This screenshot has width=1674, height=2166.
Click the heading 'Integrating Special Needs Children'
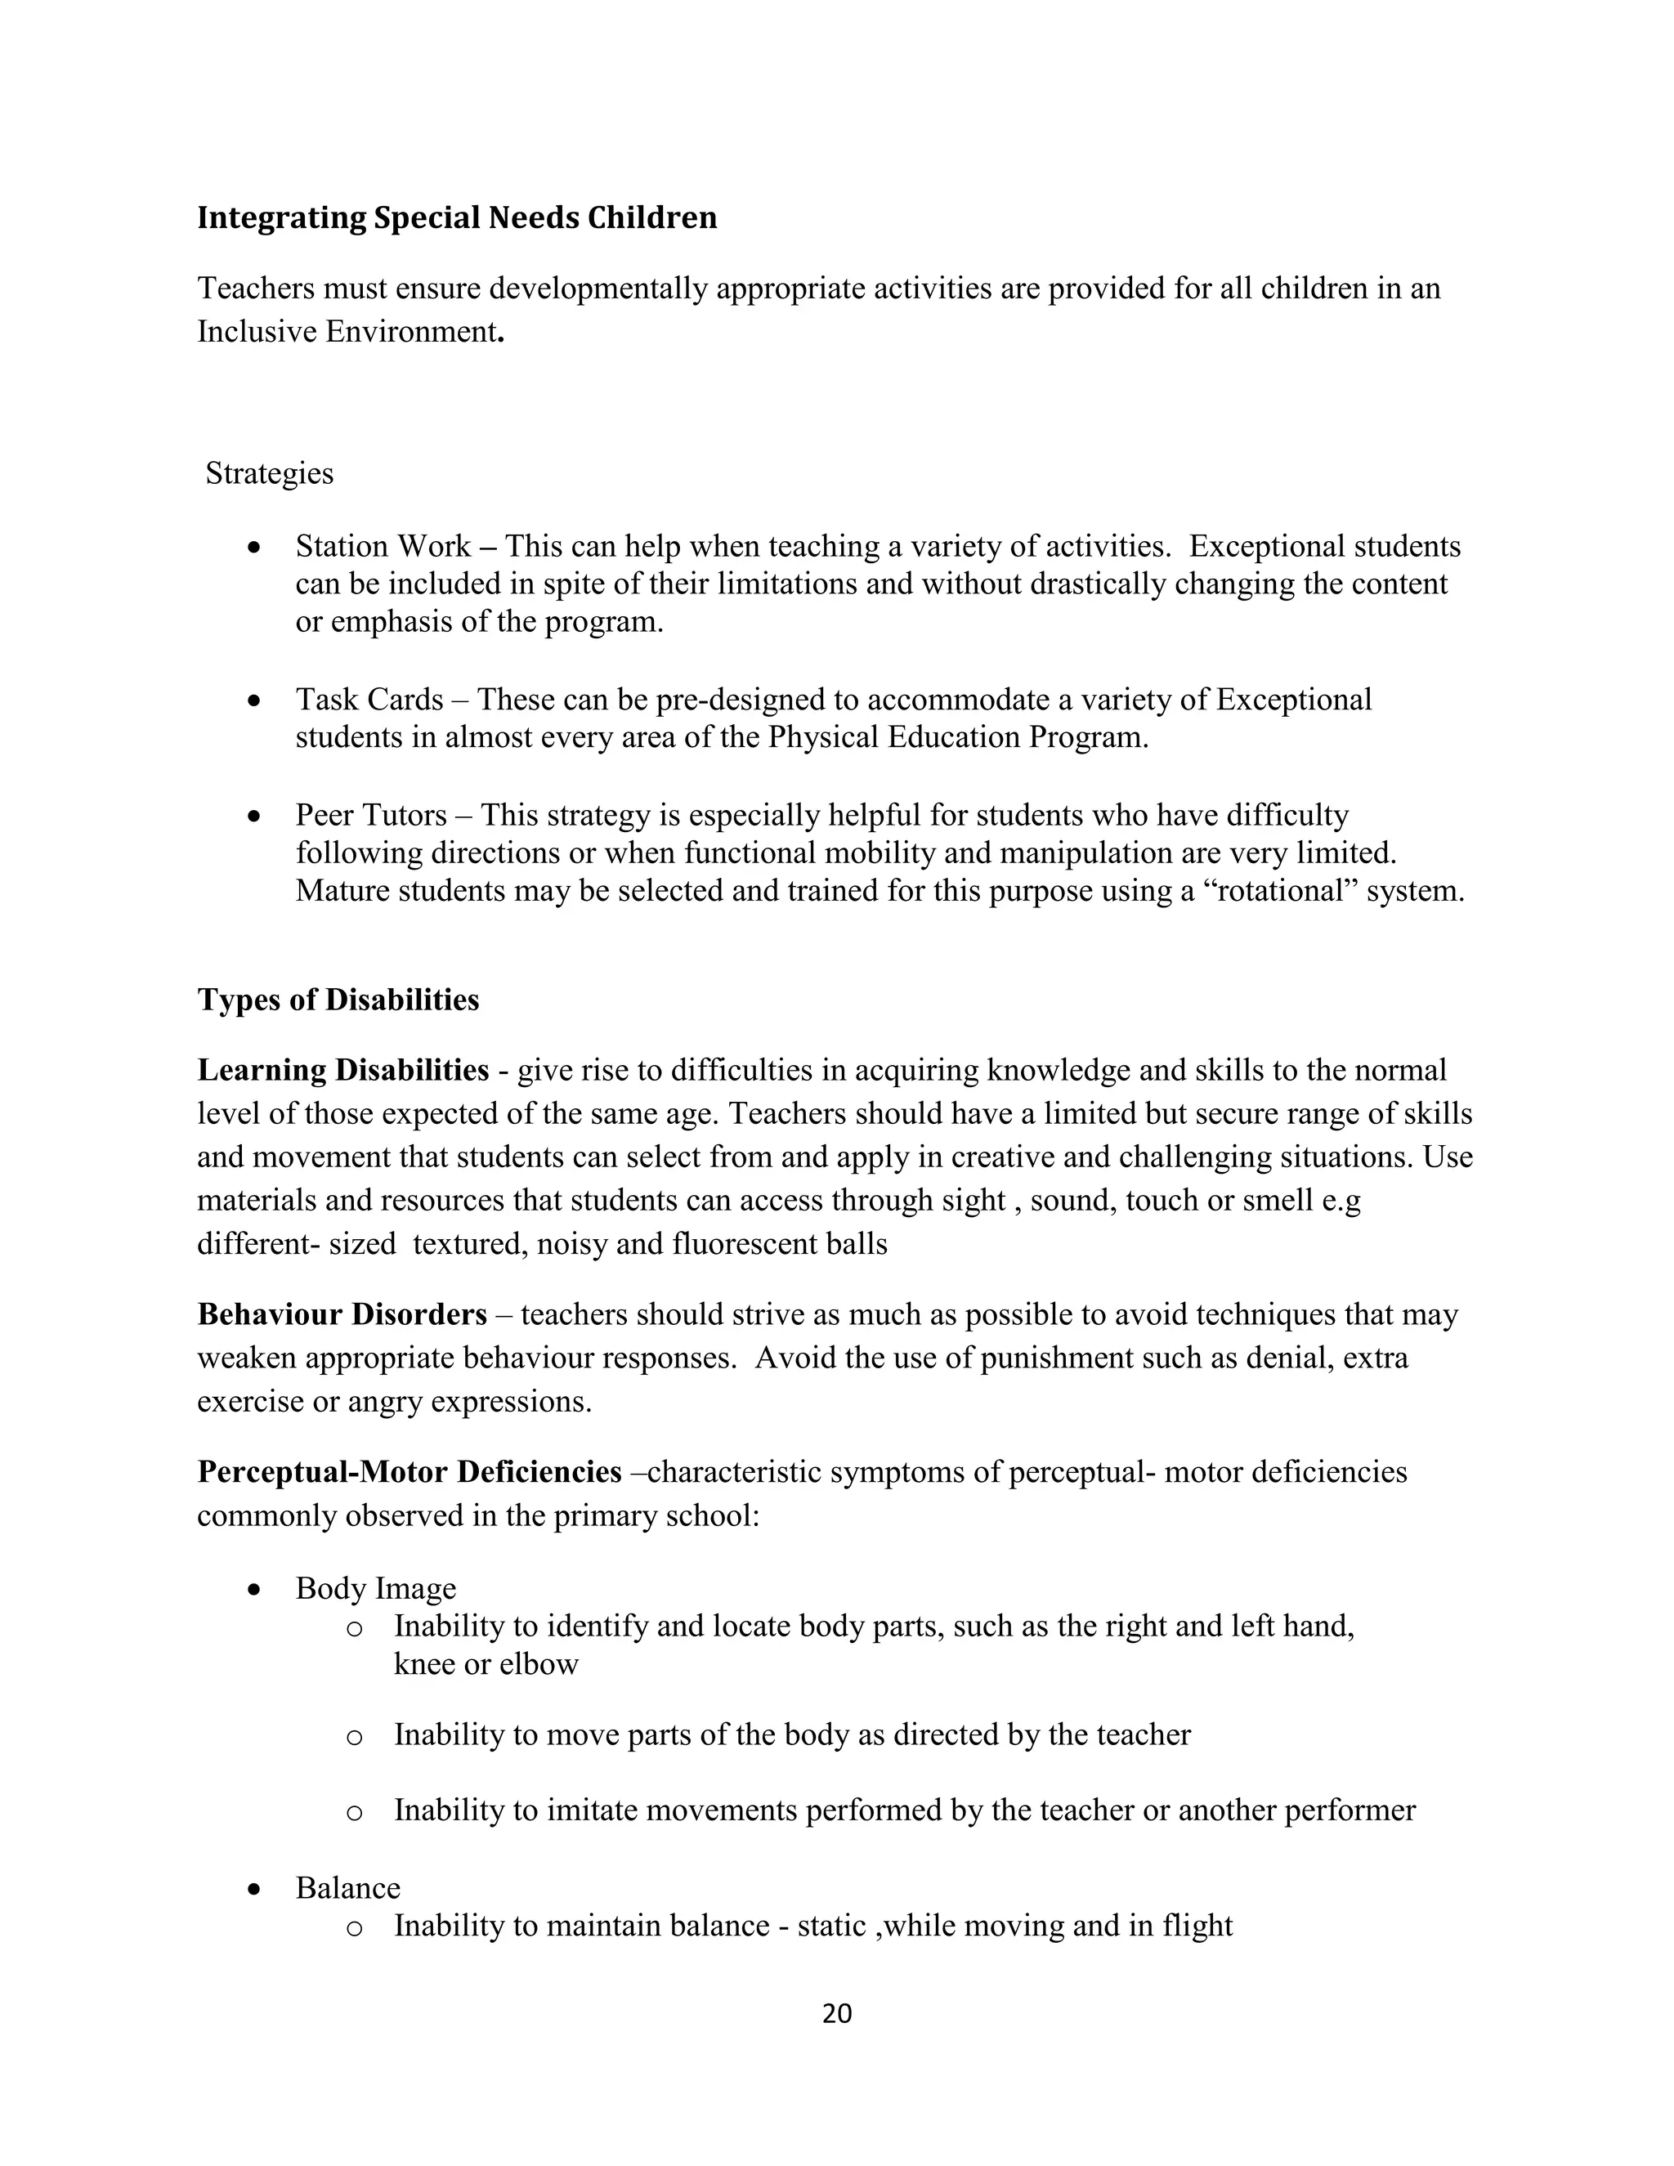[456, 217]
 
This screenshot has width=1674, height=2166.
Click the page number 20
[837, 2013]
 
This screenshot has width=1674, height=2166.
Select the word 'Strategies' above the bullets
[270, 473]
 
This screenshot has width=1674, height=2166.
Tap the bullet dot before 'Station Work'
[256, 548]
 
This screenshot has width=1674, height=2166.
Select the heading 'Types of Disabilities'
[338, 1000]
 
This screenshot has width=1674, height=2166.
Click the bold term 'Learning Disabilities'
[343, 1070]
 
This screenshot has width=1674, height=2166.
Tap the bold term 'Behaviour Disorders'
[342, 1315]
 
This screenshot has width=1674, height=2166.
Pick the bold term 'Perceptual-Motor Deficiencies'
[410, 1472]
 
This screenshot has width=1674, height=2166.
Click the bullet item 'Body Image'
[376, 1588]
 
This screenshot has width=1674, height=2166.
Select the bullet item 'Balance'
[348, 1887]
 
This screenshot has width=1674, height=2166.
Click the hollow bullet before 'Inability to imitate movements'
[354, 1812]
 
